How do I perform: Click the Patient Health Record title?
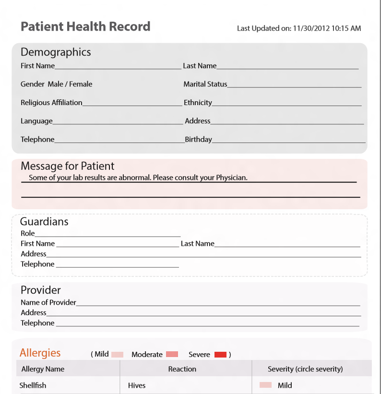point(85,26)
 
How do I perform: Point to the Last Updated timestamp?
point(299,28)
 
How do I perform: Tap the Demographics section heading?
point(56,52)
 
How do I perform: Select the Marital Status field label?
point(205,84)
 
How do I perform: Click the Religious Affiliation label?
point(51,102)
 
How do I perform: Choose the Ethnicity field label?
point(198,102)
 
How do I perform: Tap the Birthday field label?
point(198,139)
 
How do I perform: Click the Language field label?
point(36,121)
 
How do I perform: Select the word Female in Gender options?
point(81,84)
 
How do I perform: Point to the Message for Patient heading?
point(67,166)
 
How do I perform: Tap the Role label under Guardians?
point(28,233)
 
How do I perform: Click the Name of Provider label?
point(48,302)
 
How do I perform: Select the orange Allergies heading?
point(40,353)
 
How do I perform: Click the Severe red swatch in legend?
point(220,355)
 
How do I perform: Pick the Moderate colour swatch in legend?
point(172,355)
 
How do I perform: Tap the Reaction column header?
point(182,369)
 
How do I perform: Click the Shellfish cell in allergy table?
point(33,385)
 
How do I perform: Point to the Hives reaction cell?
point(137,385)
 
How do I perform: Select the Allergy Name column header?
point(43,369)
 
